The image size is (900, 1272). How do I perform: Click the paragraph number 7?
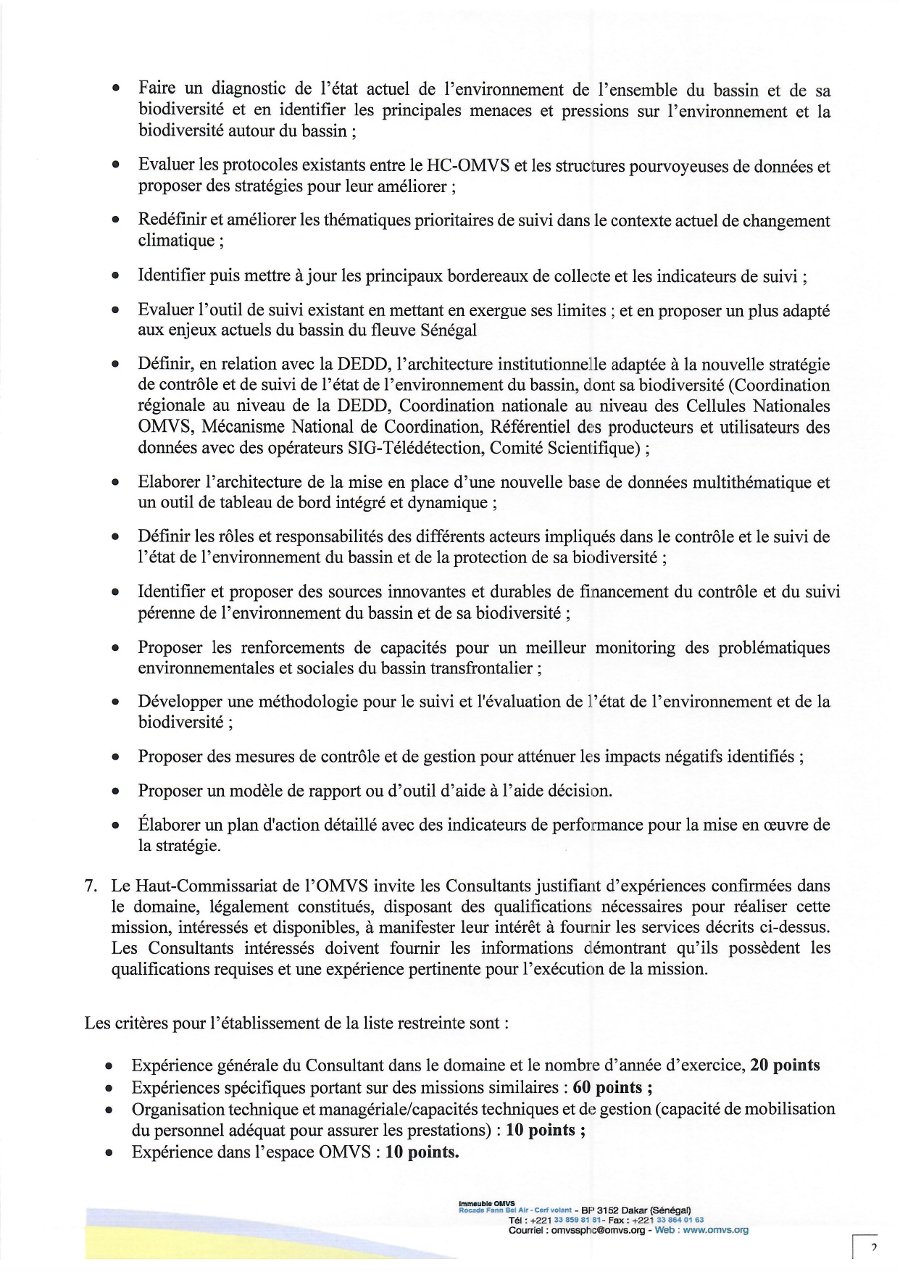90,886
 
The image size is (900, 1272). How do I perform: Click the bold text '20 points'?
785,1065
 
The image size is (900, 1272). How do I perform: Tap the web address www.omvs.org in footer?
715,1230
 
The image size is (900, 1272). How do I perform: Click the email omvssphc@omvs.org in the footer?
598,1230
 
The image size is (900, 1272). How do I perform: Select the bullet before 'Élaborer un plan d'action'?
115,826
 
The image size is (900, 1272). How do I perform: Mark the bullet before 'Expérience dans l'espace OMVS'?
108,1153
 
